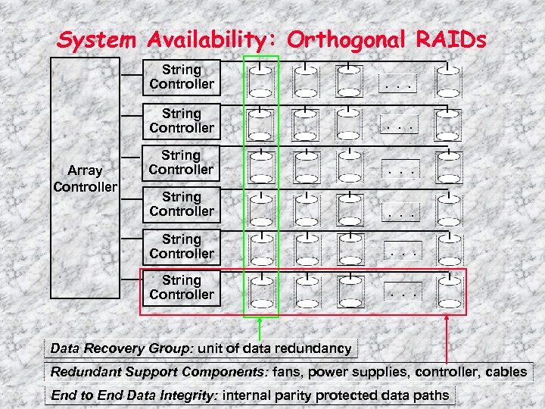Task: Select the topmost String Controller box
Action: [182, 77]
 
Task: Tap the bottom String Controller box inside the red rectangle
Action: [182, 288]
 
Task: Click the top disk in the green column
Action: [260, 80]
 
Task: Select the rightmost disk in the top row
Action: [448, 80]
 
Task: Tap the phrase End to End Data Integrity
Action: [135, 395]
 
